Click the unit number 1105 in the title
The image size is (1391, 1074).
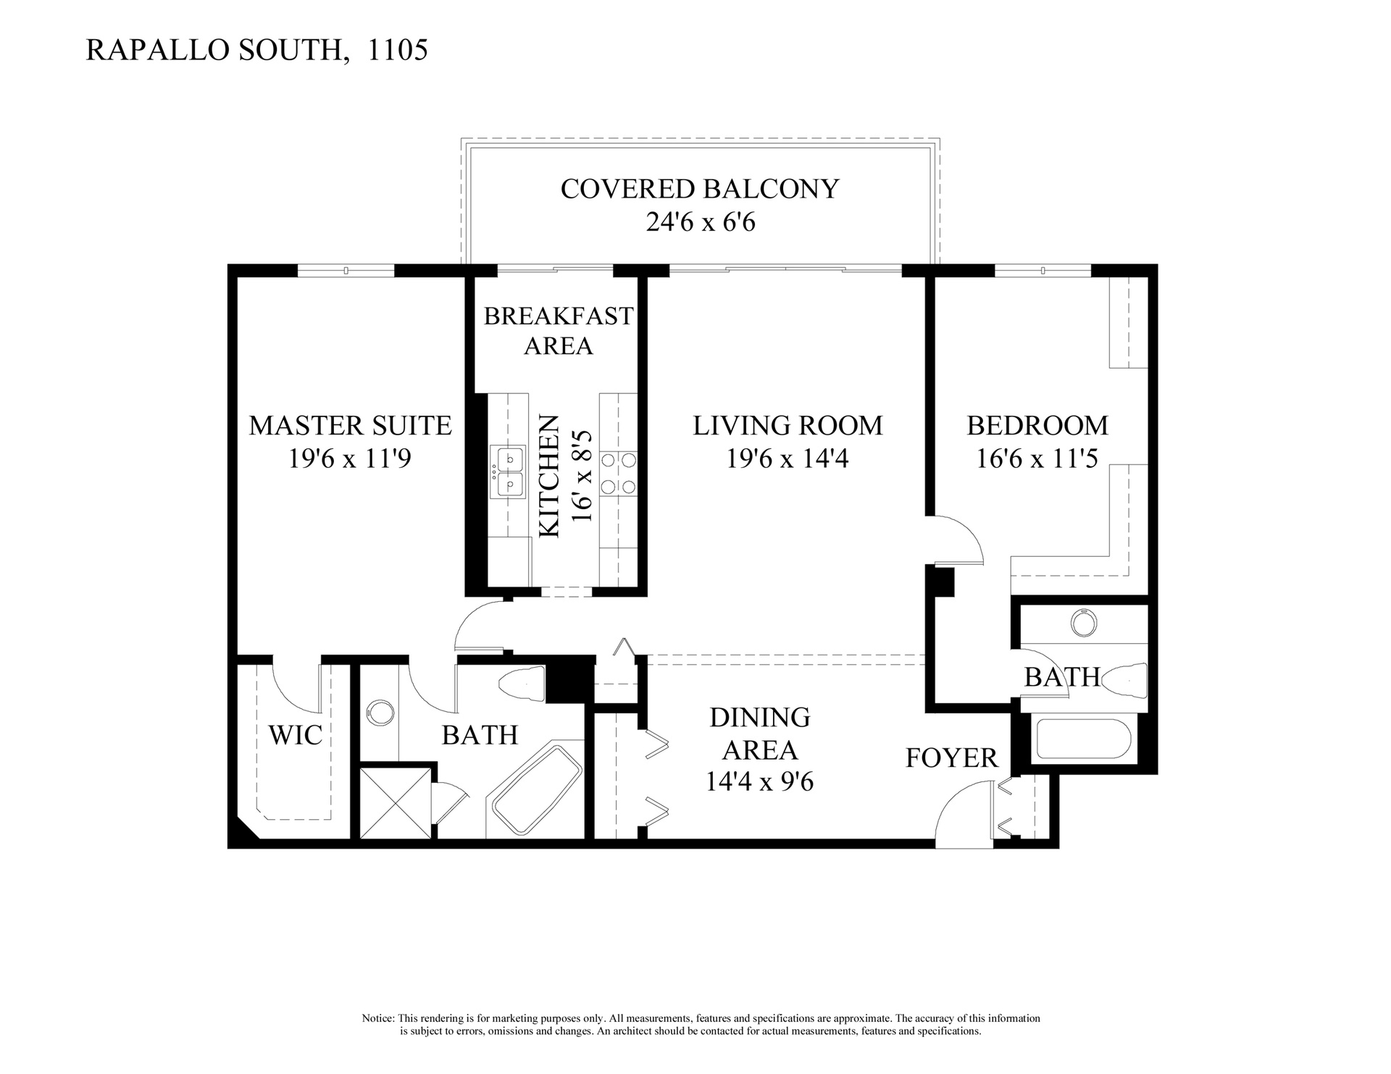coord(398,50)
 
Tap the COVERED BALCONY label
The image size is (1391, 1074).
coord(699,188)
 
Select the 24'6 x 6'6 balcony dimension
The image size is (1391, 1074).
coord(700,222)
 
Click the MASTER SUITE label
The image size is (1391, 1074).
coord(350,425)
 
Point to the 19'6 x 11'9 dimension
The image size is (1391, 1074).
coord(350,458)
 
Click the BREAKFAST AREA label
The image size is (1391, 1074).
coord(559,331)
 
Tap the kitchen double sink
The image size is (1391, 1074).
coord(508,472)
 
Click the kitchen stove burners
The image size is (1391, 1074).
coord(618,472)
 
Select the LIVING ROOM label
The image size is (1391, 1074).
coord(788,425)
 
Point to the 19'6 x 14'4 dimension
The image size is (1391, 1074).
coord(788,458)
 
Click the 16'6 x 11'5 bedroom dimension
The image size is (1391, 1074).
coord(1037,458)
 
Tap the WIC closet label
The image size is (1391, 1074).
coord(295,734)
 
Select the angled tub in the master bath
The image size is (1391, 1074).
coord(537,790)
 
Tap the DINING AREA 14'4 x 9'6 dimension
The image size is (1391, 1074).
coord(760,782)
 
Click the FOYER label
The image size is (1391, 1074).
coord(952,758)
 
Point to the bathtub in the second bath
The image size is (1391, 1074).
coord(1083,739)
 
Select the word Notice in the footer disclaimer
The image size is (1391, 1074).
coord(377,1018)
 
